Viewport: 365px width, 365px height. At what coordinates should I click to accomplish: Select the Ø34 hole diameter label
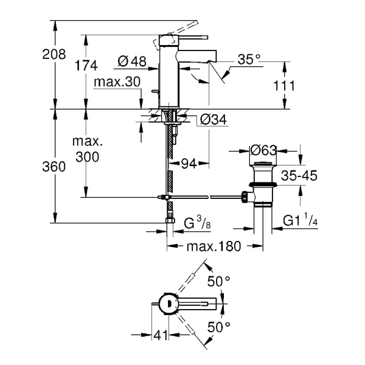tap(213, 120)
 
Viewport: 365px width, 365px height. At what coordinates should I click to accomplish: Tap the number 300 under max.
tap(86, 156)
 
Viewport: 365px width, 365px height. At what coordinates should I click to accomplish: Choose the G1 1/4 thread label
tap(301, 222)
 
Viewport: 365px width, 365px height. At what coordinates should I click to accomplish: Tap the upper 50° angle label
tap(219, 280)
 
